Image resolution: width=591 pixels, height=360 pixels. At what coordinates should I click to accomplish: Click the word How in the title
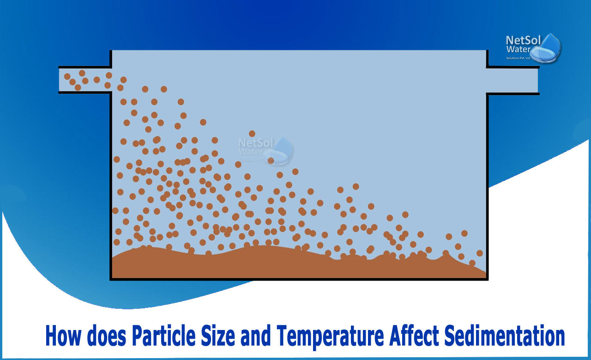tap(64, 336)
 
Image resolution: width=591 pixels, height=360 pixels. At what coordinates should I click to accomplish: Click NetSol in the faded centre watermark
tap(253, 143)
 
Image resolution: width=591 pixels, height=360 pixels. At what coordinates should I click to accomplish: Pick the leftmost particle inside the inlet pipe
tap(67, 76)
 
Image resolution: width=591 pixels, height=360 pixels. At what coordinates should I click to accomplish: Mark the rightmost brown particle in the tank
tap(480, 253)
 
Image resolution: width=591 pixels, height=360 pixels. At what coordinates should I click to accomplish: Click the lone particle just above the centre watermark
tap(252, 134)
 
